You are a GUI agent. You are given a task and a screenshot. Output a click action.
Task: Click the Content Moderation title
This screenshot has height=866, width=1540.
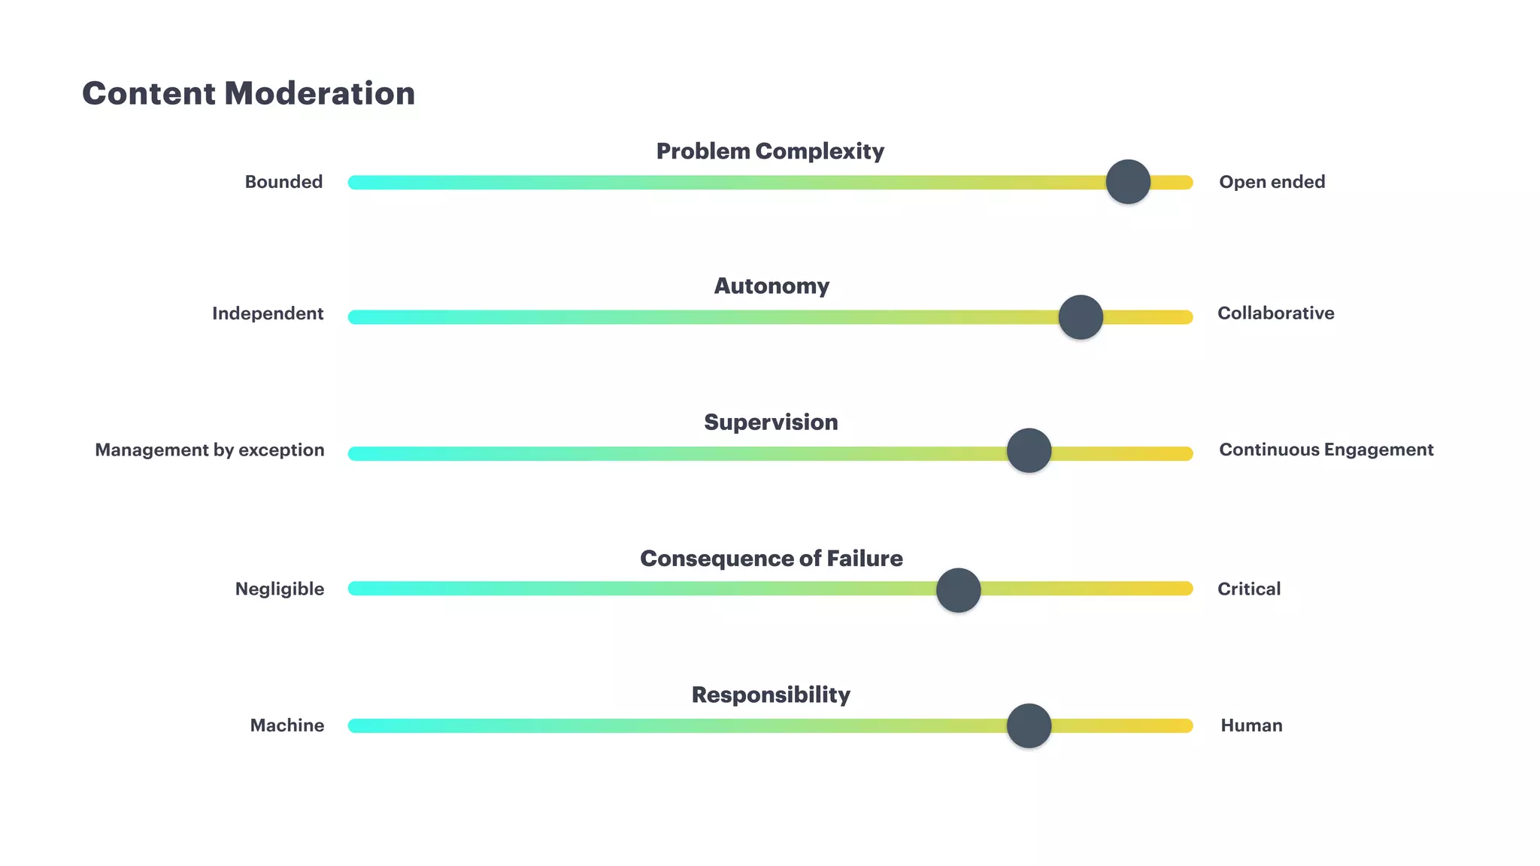click(248, 94)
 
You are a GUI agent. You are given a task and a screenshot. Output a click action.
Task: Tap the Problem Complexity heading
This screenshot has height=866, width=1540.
click(770, 151)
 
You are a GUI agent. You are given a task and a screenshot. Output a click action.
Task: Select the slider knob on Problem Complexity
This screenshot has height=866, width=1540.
click(1128, 182)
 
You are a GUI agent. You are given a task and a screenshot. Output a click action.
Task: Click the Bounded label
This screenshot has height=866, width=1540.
click(283, 182)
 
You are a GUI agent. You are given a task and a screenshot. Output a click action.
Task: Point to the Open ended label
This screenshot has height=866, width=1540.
click(1272, 182)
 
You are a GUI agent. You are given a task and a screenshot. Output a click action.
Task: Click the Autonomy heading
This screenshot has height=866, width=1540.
click(772, 286)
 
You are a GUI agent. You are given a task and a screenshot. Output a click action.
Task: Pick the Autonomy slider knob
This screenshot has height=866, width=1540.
click(1081, 317)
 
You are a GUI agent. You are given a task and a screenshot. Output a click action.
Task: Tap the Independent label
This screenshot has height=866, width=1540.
click(268, 313)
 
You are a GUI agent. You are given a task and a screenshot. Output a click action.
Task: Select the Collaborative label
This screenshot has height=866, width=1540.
click(1275, 313)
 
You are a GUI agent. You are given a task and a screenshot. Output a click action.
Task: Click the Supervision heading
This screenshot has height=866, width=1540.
click(771, 422)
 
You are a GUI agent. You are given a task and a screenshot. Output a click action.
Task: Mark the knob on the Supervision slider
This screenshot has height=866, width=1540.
click(1029, 451)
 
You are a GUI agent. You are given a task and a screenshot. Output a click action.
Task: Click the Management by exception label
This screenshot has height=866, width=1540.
click(210, 450)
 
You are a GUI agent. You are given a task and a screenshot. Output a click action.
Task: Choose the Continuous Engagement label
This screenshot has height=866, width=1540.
click(1326, 450)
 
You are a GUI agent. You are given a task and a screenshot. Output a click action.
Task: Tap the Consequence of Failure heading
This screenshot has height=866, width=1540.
click(772, 559)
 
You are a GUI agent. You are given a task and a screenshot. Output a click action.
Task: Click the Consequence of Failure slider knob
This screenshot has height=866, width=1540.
click(958, 590)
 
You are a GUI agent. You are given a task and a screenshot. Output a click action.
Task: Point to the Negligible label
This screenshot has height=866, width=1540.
click(280, 589)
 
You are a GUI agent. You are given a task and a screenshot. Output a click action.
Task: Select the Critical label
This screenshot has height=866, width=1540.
click(1249, 589)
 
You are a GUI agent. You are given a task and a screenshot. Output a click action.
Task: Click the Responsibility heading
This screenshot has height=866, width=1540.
click(771, 695)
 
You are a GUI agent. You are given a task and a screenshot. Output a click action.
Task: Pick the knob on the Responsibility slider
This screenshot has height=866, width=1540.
click(1029, 726)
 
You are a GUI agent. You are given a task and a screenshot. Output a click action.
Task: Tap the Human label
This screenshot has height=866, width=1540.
click(1251, 725)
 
